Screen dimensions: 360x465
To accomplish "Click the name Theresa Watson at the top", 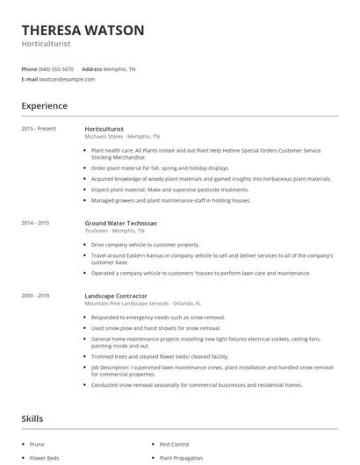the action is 83,30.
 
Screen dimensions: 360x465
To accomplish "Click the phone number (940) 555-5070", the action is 57,68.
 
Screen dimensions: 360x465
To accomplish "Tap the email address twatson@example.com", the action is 65,79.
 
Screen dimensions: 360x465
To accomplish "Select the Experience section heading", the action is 45,106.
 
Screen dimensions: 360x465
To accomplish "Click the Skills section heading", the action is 32,418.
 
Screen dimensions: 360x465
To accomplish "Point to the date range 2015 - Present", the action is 40,129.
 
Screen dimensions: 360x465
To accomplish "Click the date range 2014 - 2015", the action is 36,223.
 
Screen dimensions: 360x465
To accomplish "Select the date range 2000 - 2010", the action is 36,296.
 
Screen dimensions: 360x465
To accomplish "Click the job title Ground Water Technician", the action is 121,223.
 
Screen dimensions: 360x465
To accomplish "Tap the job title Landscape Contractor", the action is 116,296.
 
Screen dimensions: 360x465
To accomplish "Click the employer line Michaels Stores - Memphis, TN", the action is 122,137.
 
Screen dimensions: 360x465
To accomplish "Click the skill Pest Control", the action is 175,445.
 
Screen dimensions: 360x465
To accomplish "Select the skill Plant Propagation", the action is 181,458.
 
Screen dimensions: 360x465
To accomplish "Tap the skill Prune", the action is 37,445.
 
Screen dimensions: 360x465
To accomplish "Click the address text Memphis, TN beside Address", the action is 120,68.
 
